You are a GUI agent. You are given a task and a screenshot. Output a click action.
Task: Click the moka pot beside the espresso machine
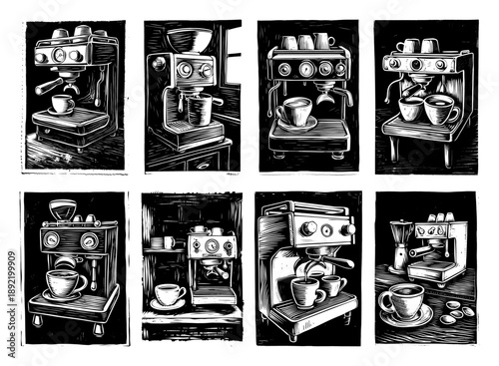pyautogui.click(x=399, y=250)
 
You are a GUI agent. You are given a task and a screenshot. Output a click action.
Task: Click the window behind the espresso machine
pyautogui.click(x=228, y=60)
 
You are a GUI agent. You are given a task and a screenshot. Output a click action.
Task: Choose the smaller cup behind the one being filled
pyautogui.click(x=333, y=286)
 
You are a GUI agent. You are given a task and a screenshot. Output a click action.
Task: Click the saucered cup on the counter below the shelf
pyautogui.click(x=169, y=296)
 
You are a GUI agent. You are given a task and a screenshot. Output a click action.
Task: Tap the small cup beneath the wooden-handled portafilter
pyautogui.click(x=61, y=105)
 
